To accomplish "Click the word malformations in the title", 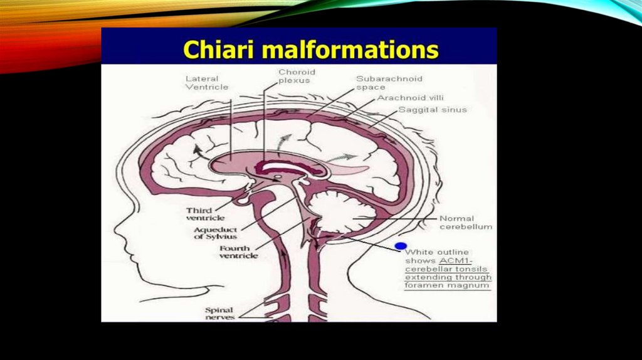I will (342, 49).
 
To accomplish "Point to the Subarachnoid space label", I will (389, 83).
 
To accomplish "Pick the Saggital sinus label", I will (433, 110).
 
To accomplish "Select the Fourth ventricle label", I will (238, 252).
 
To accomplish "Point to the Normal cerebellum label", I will (466, 222).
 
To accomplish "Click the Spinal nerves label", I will (219, 314).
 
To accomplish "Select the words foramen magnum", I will (447, 286).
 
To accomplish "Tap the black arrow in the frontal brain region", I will (198, 149).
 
